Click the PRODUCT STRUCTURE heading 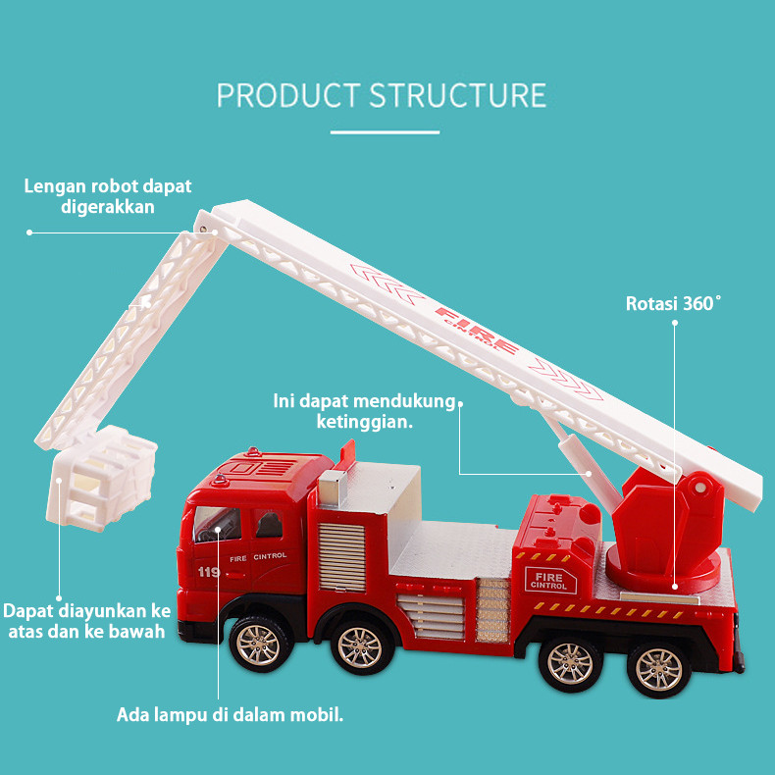(382, 95)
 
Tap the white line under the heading (384, 131)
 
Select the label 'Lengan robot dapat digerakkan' (108, 196)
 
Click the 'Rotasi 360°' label (673, 304)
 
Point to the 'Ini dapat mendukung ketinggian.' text (365, 412)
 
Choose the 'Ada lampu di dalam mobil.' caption (231, 714)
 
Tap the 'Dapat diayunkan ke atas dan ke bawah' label (86, 621)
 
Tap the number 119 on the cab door (208, 573)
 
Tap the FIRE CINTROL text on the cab (258, 556)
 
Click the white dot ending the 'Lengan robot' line (29, 232)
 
